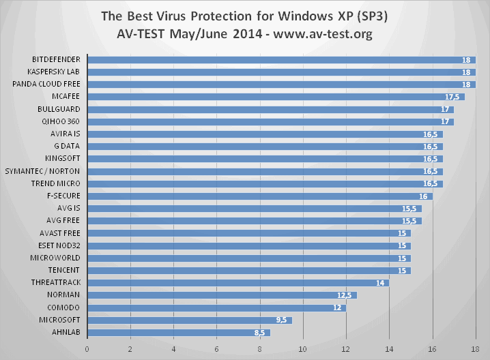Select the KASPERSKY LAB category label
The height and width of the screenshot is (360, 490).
pos(54,72)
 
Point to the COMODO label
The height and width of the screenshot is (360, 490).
pos(63,307)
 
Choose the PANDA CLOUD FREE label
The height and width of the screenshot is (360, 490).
pos(46,84)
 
